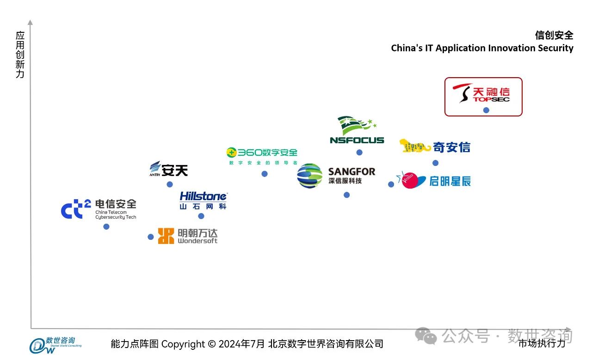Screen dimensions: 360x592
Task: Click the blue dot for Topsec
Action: point(486,110)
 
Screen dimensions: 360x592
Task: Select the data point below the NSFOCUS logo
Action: point(359,153)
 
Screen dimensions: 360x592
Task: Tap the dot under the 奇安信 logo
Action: point(435,163)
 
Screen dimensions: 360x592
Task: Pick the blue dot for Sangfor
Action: point(347,195)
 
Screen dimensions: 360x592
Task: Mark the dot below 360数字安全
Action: point(265,174)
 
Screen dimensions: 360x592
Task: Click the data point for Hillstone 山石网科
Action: point(201,216)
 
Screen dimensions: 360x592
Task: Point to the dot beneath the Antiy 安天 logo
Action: point(170,184)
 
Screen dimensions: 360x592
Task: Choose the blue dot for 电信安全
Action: point(106,226)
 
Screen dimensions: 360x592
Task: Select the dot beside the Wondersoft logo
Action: point(151,237)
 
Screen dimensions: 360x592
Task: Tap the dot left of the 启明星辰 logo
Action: point(391,184)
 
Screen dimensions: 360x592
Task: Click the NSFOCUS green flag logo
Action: point(356,125)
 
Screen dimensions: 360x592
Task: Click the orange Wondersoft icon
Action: point(166,236)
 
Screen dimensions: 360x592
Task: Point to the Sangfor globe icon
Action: point(310,176)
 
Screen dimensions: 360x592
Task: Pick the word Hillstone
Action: point(203,196)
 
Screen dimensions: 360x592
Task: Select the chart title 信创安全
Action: point(554,35)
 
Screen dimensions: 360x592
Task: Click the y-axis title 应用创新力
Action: point(20,55)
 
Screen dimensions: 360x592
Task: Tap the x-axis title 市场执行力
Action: point(542,343)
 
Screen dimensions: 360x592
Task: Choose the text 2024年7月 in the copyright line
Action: point(242,344)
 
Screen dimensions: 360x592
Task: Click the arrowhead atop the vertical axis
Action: point(31,22)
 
